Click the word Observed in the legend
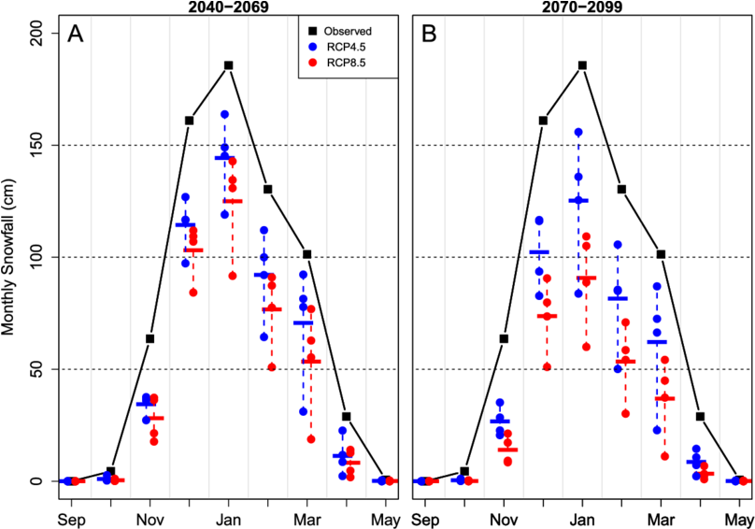(347, 31)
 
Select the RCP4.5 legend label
(347, 47)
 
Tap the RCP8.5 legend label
(347, 63)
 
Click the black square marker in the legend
(312, 31)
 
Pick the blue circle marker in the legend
(312, 47)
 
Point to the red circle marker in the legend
(312, 63)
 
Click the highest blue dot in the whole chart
(224, 114)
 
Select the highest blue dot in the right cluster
(578, 133)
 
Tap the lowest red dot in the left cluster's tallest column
(233, 276)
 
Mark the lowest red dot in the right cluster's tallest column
(586, 347)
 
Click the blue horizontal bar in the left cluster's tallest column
(224, 157)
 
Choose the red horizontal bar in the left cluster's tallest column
(232, 200)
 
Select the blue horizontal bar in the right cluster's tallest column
(578, 200)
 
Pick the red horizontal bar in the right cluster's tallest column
(586, 278)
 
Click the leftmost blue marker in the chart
(65, 480)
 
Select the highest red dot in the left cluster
(233, 162)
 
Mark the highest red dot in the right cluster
(586, 236)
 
